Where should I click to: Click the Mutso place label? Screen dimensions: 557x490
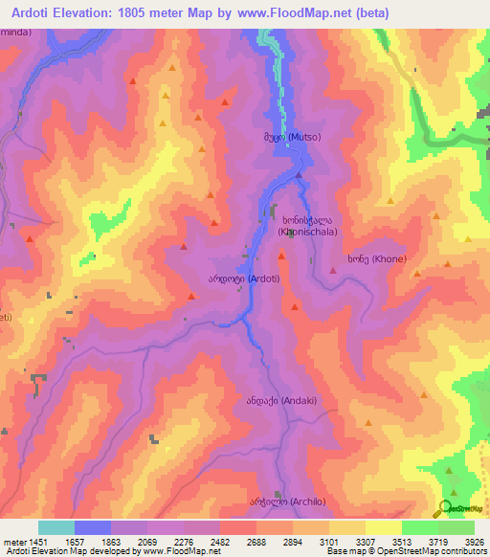click(x=300, y=137)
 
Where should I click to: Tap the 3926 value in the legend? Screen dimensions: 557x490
click(x=474, y=542)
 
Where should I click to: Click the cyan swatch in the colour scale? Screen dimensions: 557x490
click(x=56, y=527)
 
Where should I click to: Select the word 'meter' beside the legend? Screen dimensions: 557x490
click(x=13, y=542)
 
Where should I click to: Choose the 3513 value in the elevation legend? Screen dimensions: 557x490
click(x=402, y=542)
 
